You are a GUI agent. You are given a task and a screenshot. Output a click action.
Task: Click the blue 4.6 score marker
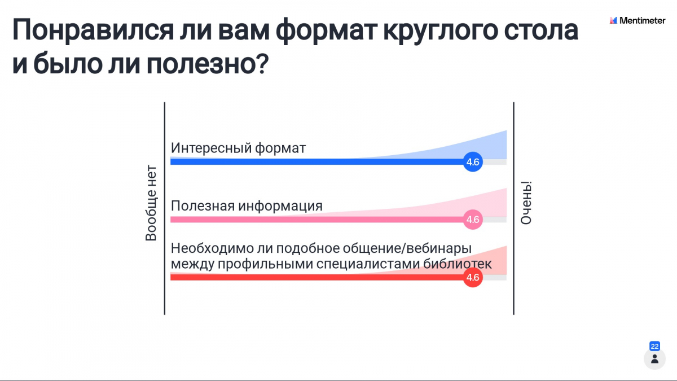(x=473, y=162)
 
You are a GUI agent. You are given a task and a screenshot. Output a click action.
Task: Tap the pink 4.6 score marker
(x=473, y=220)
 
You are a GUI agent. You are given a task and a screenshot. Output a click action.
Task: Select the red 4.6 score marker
(x=473, y=277)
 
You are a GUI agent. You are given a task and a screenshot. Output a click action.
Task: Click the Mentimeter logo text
(x=642, y=20)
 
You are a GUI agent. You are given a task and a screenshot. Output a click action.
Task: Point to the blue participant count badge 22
(x=654, y=346)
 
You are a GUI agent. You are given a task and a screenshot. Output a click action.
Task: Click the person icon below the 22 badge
(x=654, y=359)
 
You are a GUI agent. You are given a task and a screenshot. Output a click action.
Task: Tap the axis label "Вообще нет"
(x=151, y=203)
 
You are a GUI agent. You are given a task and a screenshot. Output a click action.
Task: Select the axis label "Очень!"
(x=526, y=203)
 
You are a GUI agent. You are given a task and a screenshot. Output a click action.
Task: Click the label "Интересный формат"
(x=238, y=148)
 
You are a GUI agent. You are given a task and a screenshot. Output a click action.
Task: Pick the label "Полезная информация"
(x=247, y=206)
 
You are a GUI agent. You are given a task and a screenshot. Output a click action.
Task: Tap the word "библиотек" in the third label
(x=458, y=264)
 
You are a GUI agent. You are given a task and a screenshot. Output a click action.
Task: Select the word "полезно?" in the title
(x=208, y=64)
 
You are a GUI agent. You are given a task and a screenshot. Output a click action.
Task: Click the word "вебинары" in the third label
(x=439, y=248)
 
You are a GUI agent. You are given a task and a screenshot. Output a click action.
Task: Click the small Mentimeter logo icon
(x=613, y=20)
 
